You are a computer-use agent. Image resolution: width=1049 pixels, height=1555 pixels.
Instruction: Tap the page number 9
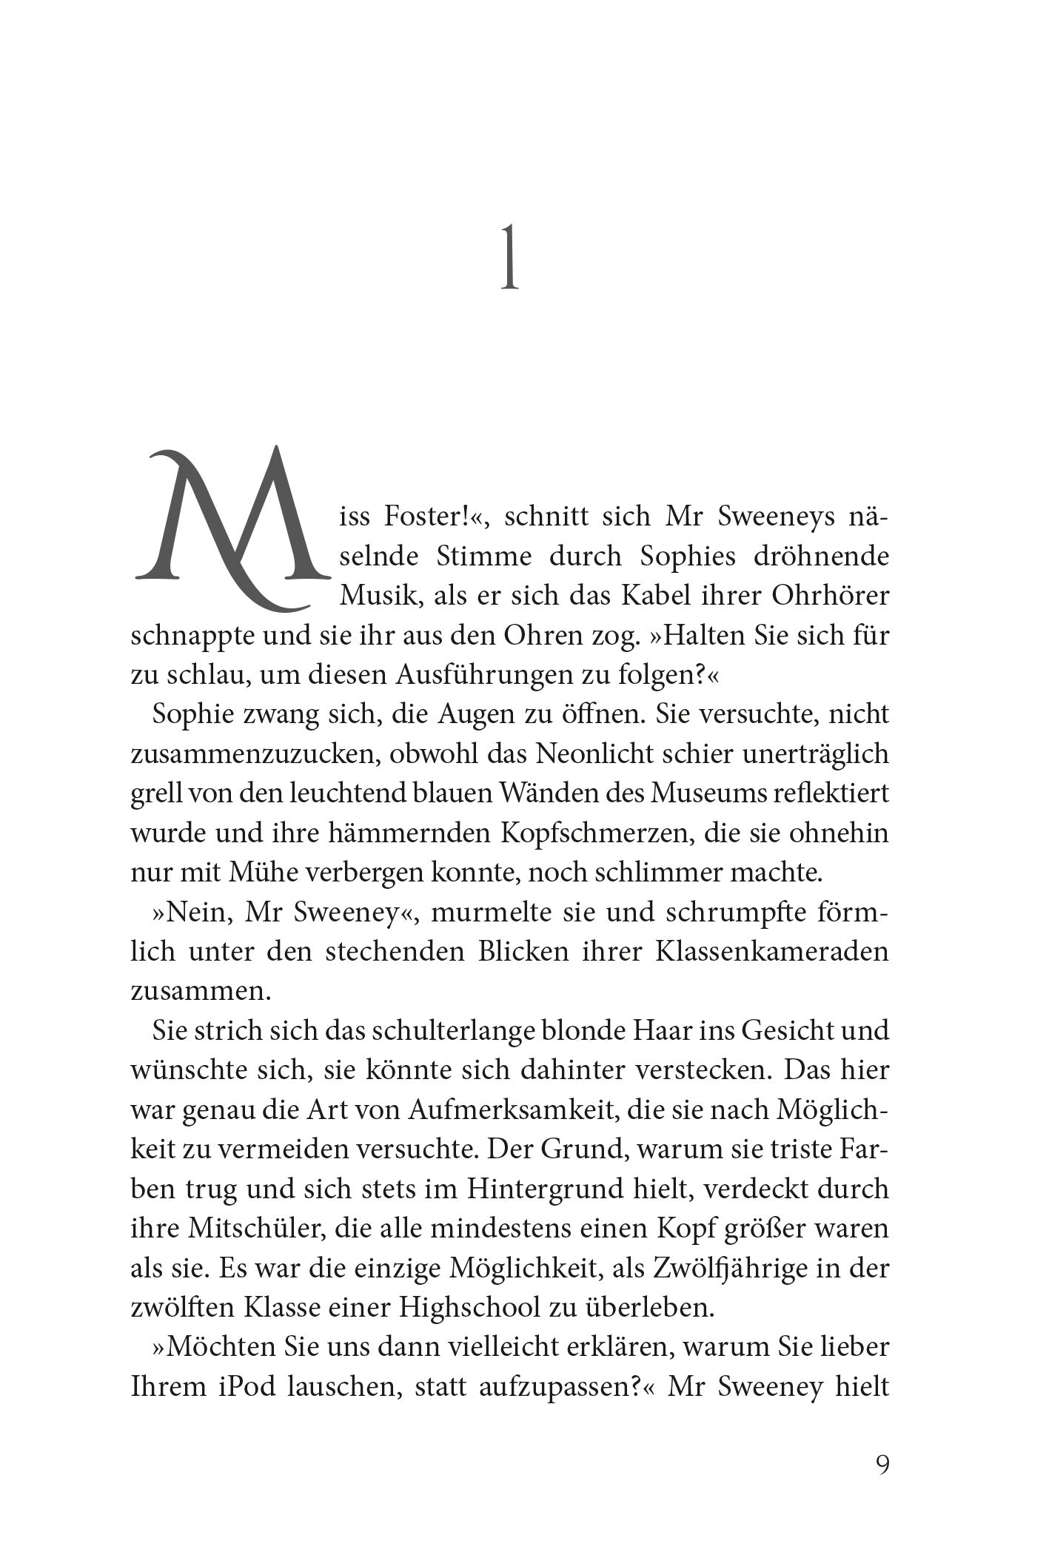click(882, 1465)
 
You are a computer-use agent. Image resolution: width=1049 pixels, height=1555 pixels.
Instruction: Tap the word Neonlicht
click(598, 754)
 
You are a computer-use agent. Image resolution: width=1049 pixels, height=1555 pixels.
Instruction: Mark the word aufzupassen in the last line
click(549, 1388)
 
